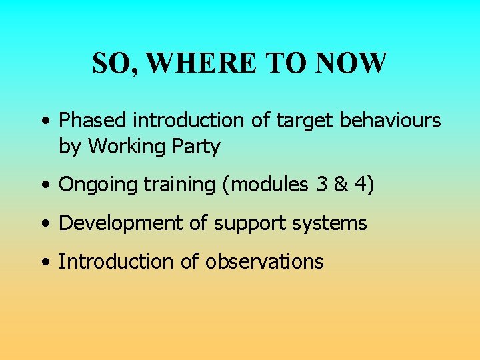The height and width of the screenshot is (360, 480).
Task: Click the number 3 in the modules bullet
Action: click(323, 185)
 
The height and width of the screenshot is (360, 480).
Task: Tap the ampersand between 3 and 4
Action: click(343, 185)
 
